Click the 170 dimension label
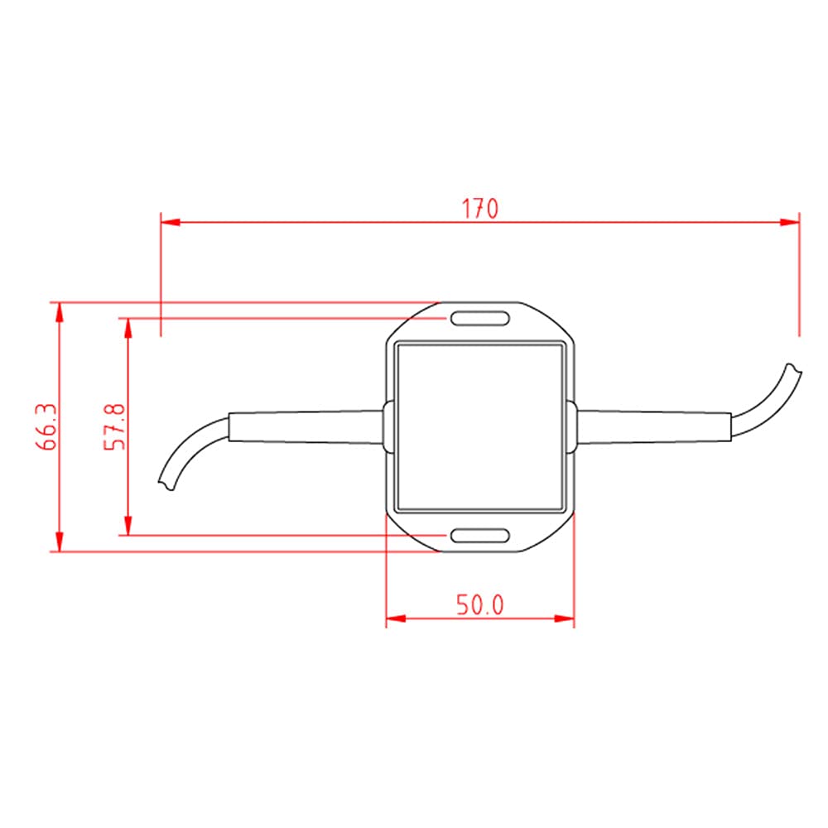coord(480,208)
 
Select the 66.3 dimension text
coord(46,426)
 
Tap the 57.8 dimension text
coord(114,426)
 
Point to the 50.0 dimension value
coord(480,605)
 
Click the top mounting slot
coord(479,319)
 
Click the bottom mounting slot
coord(479,536)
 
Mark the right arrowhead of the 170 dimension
coord(790,222)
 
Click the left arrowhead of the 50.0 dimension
coord(396,619)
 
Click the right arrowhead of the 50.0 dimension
coord(565,619)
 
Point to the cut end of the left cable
coord(166,484)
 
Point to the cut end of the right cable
coord(794,369)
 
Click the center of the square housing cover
coord(480,426)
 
